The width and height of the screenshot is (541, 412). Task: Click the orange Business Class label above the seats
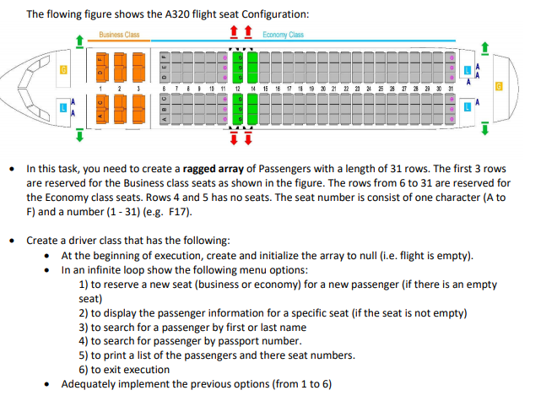(119, 35)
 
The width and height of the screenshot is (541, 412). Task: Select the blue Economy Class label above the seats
(283, 35)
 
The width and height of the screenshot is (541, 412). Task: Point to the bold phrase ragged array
(247, 168)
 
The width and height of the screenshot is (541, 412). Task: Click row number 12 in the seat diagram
(240, 89)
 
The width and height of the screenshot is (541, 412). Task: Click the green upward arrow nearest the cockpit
(79, 40)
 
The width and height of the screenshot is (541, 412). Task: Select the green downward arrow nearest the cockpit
(79, 134)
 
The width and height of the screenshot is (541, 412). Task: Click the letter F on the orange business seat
(100, 60)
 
